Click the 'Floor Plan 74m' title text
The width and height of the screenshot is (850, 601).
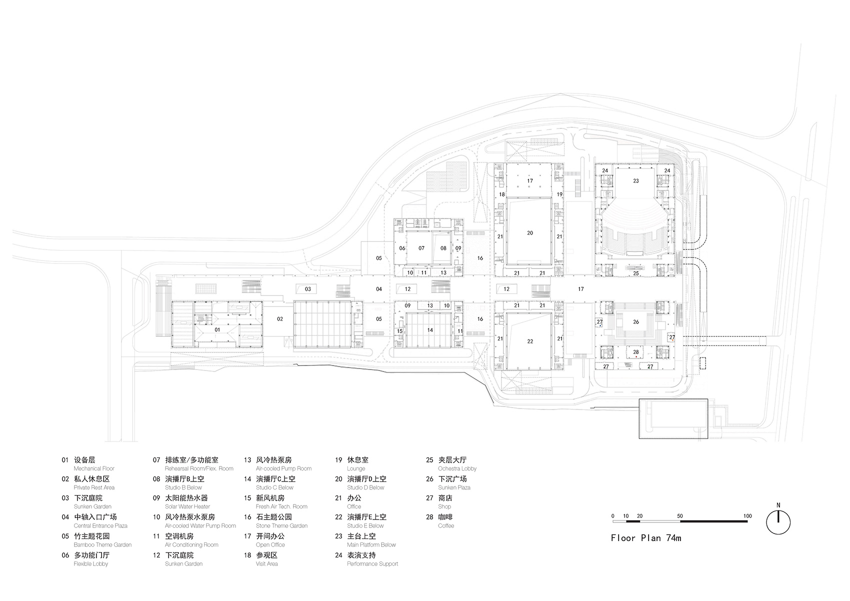[645, 538]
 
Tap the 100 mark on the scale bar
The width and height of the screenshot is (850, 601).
[747, 516]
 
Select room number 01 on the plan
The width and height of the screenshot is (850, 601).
[217, 330]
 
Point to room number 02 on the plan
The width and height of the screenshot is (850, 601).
[280, 319]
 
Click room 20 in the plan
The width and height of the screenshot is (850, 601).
[530, 233]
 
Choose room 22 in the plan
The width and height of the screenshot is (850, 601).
[530, 341]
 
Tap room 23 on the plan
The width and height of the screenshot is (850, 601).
[635, 181]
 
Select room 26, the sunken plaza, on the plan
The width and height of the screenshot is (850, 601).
[635, 322]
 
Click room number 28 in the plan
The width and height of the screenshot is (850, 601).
[635, 352]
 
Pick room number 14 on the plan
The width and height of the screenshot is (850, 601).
[430, 330]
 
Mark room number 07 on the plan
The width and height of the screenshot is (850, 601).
[421, 248]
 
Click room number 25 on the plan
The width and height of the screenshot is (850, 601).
[635, 273]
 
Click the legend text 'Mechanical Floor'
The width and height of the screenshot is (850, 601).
[94, 468]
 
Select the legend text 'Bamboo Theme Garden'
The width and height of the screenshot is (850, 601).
[102, 544]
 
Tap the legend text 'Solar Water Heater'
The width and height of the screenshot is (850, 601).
[187, 506]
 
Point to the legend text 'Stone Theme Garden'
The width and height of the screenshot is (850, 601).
[281, 525]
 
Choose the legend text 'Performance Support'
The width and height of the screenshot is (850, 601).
[372, 563]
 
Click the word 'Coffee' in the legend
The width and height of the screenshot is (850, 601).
[446, 525]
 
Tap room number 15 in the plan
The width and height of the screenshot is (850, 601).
[399, 331]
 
